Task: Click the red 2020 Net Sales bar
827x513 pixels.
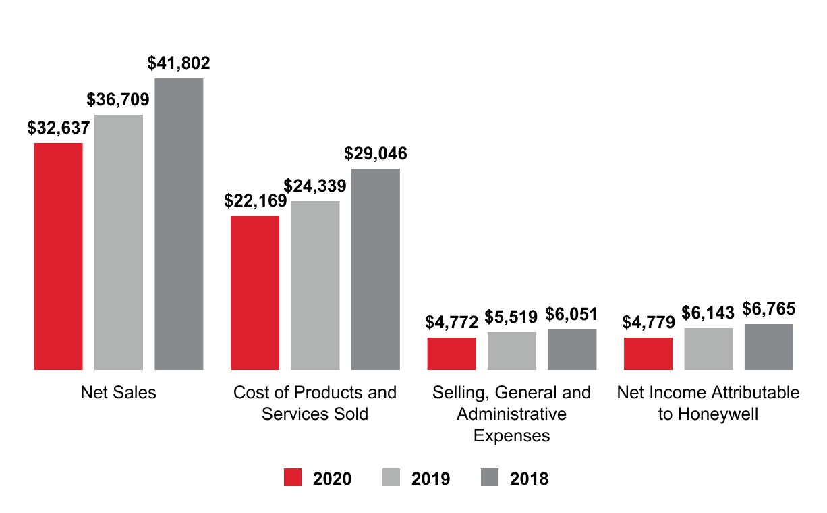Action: click(58, 256)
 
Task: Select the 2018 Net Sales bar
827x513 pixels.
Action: click(179, 224)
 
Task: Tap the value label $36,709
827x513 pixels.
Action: click(118, 100)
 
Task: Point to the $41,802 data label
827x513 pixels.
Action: click(179, 63)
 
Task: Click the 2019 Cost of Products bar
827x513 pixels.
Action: click(315, 285)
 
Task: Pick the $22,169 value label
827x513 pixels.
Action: click(255, 201)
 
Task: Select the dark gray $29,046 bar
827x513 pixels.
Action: click(375, 269)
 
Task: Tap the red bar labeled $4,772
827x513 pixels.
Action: click(451, 353)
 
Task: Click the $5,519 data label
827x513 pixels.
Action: click(512, 317)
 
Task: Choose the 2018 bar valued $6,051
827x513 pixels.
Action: click(572, 349)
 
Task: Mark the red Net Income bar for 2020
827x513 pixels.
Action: click(648, 353)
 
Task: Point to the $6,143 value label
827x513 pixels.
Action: click(708, 313)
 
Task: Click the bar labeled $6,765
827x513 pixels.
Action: click(768, 346)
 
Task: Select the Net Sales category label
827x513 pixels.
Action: click(118, 392)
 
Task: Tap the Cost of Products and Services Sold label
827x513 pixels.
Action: click(315, 403)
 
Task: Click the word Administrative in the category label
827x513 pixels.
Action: click(511, 414)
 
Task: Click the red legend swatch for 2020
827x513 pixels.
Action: click(293, 478)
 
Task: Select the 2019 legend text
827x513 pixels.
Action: click(430, 479)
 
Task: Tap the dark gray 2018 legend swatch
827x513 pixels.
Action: click(490, 478)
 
